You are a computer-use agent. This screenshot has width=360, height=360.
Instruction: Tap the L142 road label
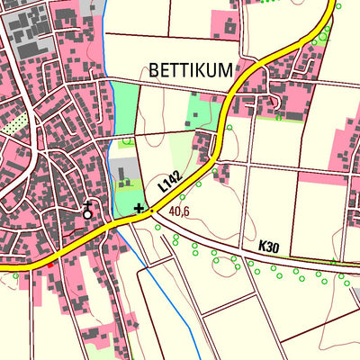[x=168, y=181]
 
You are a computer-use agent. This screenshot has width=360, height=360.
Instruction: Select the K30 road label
[x=269, y=245]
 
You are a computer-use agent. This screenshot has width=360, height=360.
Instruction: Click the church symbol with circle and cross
[x=87, y=212]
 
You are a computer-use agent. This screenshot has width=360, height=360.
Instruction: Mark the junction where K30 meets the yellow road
[x=150, y=212]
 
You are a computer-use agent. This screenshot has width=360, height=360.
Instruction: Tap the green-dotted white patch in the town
[x=12, y=127]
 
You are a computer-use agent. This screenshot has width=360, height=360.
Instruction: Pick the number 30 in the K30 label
[x=274, y=245]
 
